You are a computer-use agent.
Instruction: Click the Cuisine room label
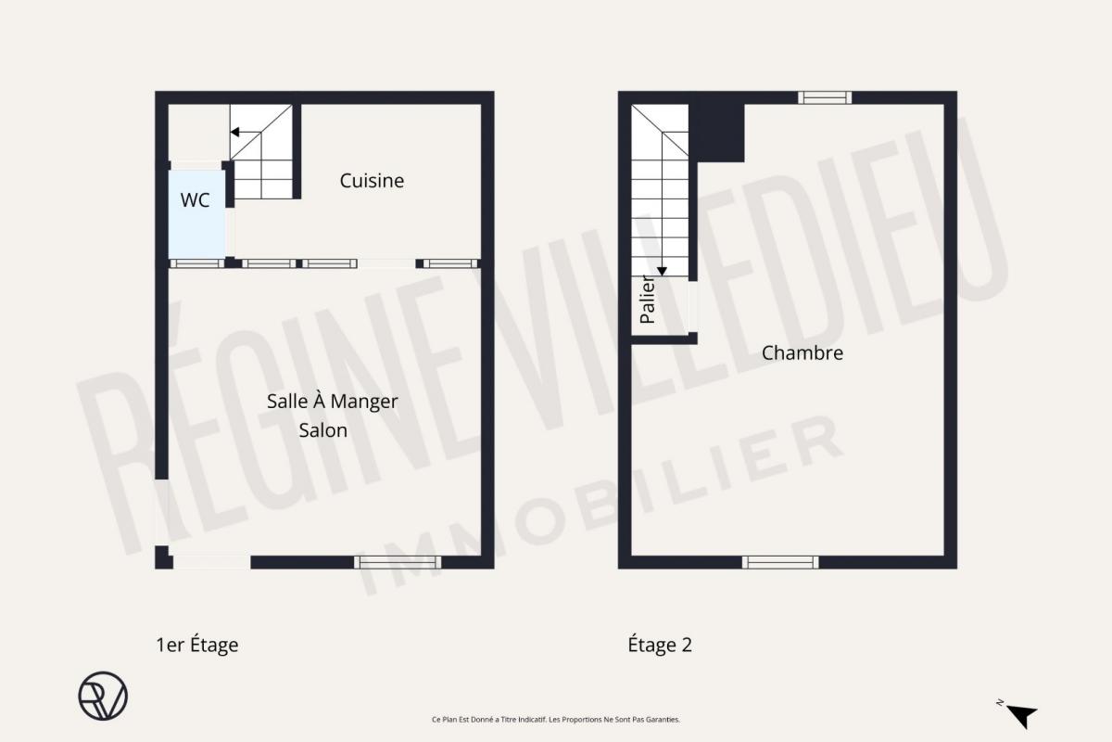click(372, 181)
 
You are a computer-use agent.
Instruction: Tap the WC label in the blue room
click(196, 200)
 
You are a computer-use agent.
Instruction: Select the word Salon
click(323, 430)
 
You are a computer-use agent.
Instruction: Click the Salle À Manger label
click(332, 402)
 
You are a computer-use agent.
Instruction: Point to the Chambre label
click(802, 353)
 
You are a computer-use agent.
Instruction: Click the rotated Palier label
click(648, 300)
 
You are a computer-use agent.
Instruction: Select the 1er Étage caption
click(197, 645)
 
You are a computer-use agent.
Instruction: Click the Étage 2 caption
click(660, 645)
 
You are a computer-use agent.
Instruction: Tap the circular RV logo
click(103, 696)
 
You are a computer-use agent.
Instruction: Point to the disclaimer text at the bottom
click(555, 719)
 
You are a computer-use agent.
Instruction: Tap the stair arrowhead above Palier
click(662, 272)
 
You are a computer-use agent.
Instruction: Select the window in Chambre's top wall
click(825, 97)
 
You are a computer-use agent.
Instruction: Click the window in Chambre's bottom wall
click(780, 562)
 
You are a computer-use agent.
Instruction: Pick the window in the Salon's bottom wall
click(398, 562)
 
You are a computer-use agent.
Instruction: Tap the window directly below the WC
click(197, 263)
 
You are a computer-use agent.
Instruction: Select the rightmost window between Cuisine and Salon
click(450, 263)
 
